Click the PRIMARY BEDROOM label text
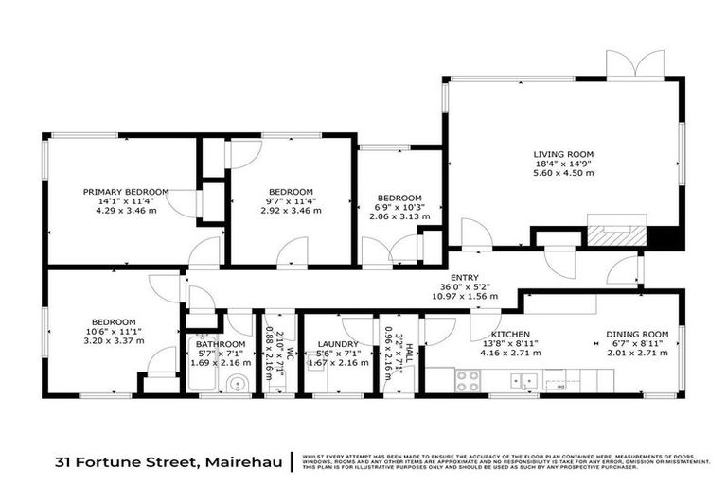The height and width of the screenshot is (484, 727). coord(125,192)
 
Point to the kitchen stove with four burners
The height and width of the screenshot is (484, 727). coord(469,380)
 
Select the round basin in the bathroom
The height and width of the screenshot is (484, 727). coord(239,383)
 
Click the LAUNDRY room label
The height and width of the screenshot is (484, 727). coord(338,344)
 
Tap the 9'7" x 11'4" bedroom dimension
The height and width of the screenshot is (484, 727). coord(292,199)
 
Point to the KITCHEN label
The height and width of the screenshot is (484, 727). coord(509,334)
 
